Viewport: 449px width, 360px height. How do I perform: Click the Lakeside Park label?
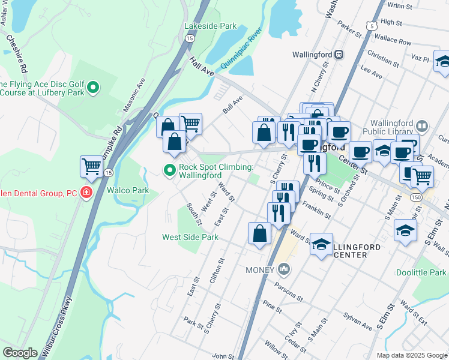[x=211, y=26]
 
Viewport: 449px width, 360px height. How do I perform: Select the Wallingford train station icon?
[x=339, y=55]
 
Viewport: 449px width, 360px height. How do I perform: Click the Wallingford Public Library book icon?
[x=422, y=125]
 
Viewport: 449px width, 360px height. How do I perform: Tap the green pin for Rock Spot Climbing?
[x=170, y=171]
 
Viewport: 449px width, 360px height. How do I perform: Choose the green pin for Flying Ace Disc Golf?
[x=93, y=89]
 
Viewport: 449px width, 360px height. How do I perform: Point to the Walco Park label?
[x=127, y=190]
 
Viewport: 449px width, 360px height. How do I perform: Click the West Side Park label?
[x=190, y=237]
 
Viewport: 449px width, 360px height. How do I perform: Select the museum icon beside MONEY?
[x=284, y=269]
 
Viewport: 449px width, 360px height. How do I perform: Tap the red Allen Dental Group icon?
[x=87, y=193]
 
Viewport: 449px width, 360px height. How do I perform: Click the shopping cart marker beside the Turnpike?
[x=92, y=166]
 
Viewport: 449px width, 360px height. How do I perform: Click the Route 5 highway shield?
[x=373, y=26]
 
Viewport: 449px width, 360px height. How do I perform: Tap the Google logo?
[x=20, y=352]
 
